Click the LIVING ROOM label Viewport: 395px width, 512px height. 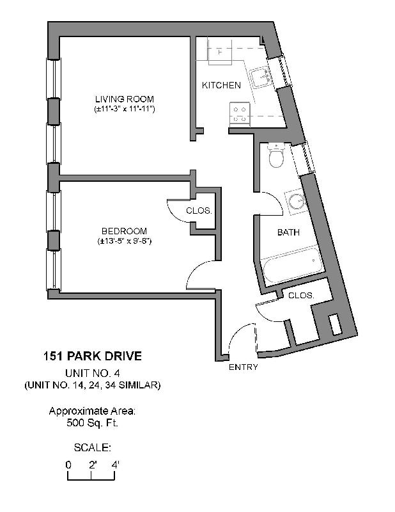(125, 99)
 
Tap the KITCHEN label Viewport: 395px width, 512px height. (221, 85)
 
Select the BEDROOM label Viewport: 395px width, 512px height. (124, 231)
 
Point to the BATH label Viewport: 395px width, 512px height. (288, 232)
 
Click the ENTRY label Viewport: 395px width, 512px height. (243, 367)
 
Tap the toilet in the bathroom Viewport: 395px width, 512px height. (276, 156)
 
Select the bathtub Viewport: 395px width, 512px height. (291, 266)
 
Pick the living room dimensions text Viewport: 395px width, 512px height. (125, 109)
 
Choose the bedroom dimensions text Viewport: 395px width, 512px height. (124, 241)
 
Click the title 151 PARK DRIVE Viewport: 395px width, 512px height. (92, 356)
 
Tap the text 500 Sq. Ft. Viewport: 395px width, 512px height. (92, 423)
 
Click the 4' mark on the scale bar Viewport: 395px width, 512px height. (116, 465)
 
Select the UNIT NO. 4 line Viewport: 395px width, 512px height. (92, 373)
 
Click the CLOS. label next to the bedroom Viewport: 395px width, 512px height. (199, 211)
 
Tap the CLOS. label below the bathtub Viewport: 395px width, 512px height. (300, 296)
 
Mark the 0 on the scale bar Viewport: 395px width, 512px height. (68, 465)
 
